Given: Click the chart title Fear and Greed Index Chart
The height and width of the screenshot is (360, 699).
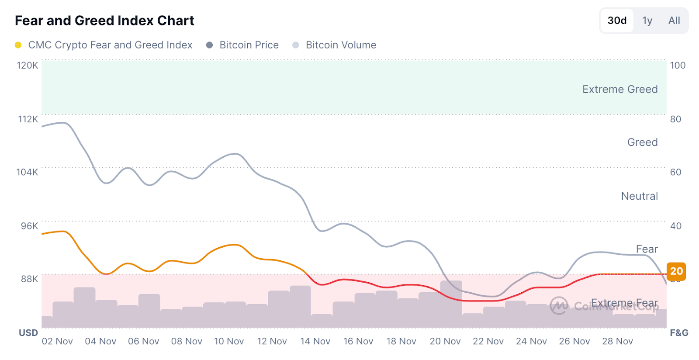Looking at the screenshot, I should [x=104, y=21].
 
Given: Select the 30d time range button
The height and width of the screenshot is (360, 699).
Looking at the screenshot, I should [x=617, y=21].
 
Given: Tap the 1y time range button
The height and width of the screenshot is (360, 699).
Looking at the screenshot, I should [x=647, y=21].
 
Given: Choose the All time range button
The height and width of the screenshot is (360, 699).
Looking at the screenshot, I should [x=674, y=21].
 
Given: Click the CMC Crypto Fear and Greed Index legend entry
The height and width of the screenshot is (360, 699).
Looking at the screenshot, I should [x=110, y=45].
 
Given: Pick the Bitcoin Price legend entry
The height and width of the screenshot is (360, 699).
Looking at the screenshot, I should [x=249, y=45].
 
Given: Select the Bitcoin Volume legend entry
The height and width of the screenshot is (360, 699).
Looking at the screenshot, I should [x=340, y=45].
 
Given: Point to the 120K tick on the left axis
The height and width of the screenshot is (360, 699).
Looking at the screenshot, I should [x=28, y=66].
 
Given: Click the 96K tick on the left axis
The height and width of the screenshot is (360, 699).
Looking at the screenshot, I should [x=29, y=226].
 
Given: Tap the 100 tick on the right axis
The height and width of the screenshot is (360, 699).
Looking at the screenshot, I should [x=678, y=66].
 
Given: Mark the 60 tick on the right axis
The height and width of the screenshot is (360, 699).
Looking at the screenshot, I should [x=675, y=172].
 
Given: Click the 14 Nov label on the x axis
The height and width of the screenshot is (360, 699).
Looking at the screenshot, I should [x=315, y=341].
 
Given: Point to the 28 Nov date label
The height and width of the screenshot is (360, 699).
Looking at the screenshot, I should [x=617, y=341].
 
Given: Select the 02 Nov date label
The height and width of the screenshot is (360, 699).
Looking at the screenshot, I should [x=57, y=341].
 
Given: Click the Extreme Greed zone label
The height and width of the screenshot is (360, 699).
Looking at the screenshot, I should [x=619, y=89].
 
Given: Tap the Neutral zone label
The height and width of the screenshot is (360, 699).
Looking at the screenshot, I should [x=639, y=196].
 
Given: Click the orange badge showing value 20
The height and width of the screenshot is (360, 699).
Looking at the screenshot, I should [x=676, y=271].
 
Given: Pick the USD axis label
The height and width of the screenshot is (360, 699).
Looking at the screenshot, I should [x=28, y=333].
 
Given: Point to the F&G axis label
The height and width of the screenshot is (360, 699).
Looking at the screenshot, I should [x=679, y=333].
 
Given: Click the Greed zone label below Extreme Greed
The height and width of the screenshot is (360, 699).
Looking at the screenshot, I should [x=642, y=142].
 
